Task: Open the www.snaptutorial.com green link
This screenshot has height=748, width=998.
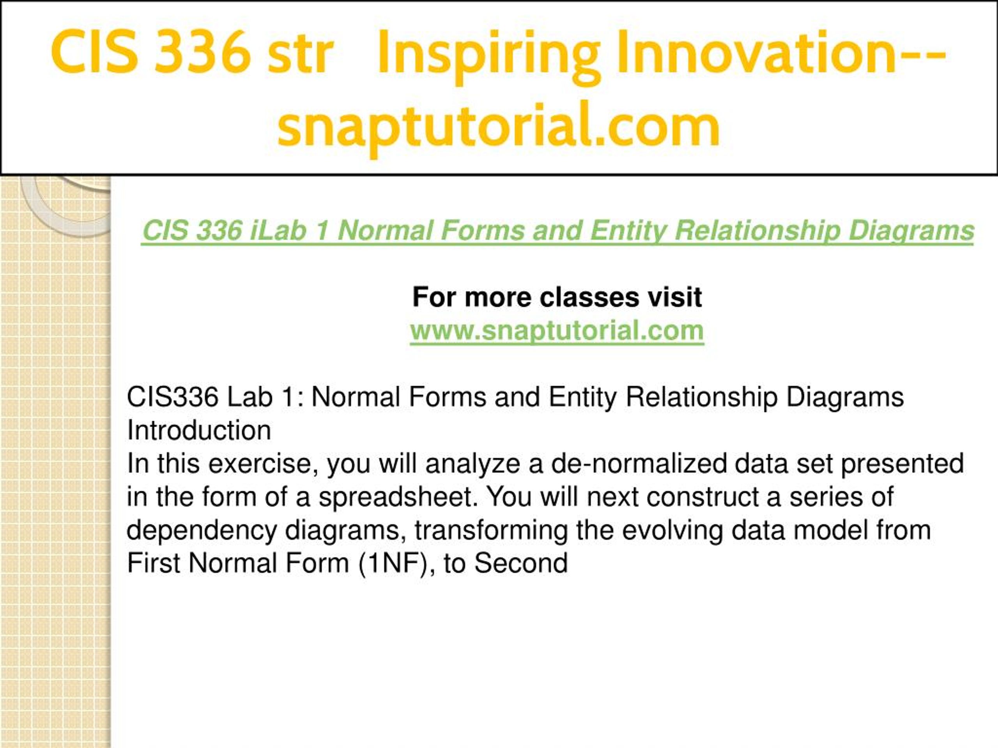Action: pos(557,330)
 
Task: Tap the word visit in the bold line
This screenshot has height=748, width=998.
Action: pos(674,298)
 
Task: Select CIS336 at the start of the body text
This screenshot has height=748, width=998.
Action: pos(172,398)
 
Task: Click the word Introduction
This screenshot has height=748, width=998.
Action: pos(199,430)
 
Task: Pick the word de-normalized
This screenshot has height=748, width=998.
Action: pos(639,464)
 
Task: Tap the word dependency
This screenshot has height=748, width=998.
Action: pos(201,531)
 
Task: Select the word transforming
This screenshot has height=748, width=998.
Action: pos(491,531)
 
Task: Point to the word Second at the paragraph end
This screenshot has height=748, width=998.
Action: pos(521,564)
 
